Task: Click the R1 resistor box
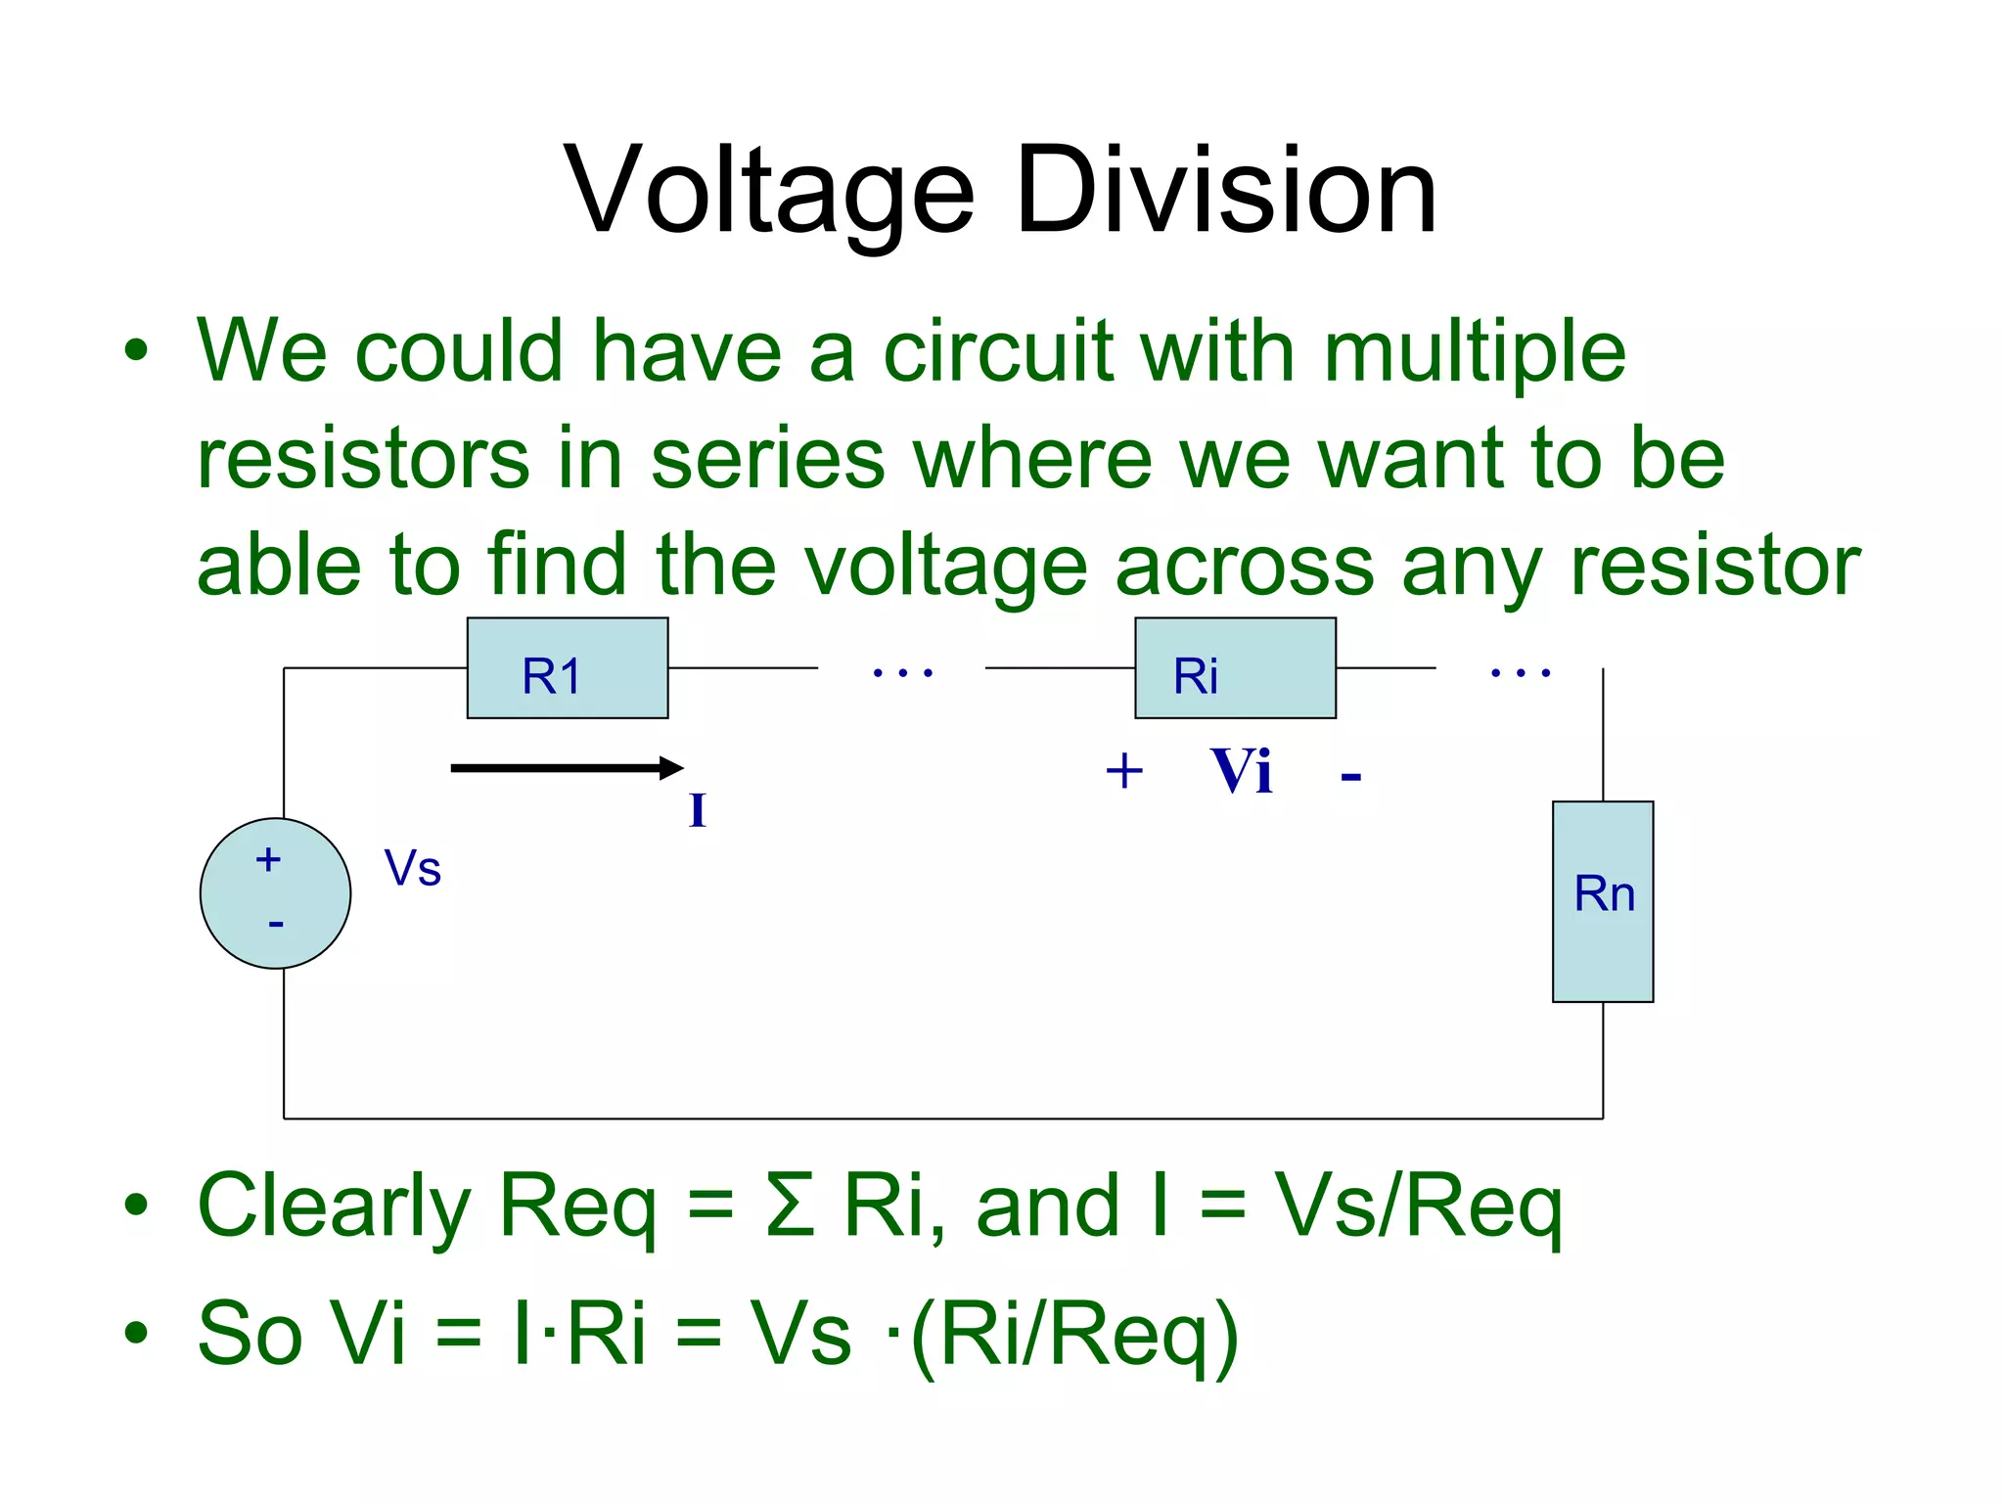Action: pos(568,668)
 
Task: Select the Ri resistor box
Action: pos(1235,668)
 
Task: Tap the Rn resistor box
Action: pos(1603,901)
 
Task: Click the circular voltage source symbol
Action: pos(276,893)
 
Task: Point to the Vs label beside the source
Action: pos(412,869)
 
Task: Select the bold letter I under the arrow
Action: pos(697,811)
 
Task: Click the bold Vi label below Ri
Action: pos(1241,771)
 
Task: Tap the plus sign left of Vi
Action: pos(1124,771)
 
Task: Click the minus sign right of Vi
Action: pos(1351,778)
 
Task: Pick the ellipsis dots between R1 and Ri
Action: pos(902,672)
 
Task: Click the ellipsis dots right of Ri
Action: pos(1520,672)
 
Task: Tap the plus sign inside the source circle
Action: pos(268,860)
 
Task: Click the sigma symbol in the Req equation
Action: pos(790,1206)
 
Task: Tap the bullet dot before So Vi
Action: pos(136,1332)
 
